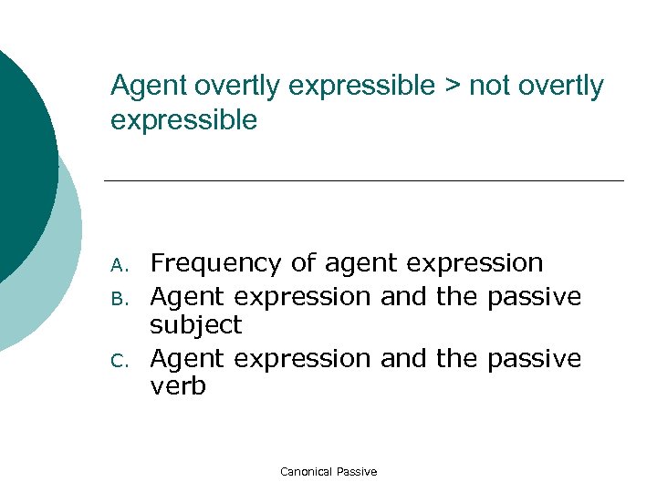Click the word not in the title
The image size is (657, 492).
click(x=486, y=87)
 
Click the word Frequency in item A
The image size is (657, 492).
click(x=215, y=264)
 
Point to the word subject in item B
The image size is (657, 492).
click(x=195, y=325)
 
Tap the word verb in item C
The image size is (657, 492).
click(x=178, y=387)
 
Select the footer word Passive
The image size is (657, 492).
click(x=357, y=472)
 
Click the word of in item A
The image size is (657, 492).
click(x=302, y=264)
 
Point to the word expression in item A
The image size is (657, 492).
click(x=474, y=264)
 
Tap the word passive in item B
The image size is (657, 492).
click(x=534, y=296)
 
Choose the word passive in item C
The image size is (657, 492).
click(x=534, y=359)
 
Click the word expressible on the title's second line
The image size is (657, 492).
click(x=183, y=120)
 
